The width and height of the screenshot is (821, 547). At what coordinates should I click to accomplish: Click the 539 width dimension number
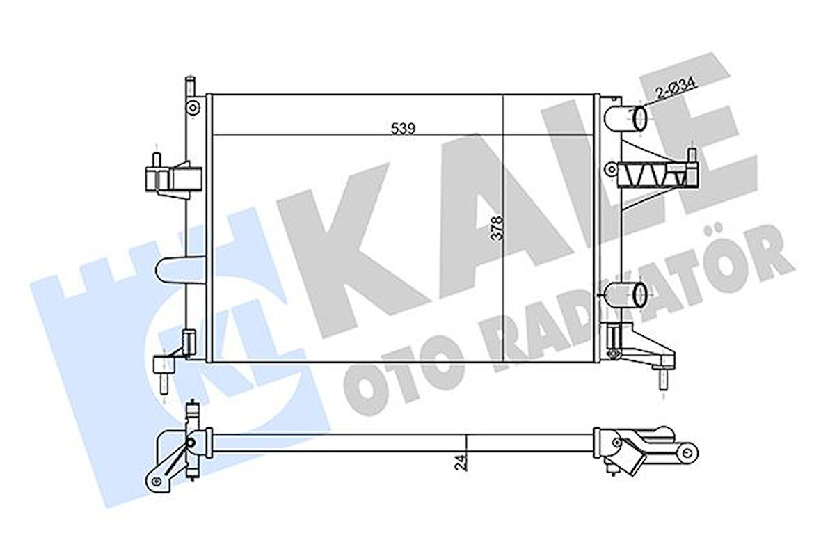coord(403,127)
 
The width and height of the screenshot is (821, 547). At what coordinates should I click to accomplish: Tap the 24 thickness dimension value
coord(460,461)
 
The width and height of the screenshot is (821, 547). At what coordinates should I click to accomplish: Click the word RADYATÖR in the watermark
coord(612,306)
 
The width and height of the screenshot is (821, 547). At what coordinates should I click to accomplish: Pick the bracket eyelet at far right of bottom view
coord(690,453)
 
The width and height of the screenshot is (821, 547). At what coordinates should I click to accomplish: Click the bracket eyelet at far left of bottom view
coord(154,478)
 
